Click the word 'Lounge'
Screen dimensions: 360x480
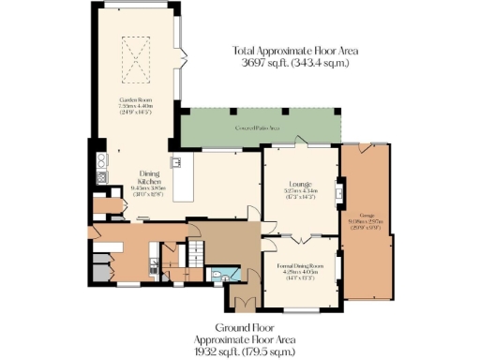300,183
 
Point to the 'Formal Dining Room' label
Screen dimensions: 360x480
300,267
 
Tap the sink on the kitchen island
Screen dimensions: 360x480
174,161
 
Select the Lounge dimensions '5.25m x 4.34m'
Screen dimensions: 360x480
300,191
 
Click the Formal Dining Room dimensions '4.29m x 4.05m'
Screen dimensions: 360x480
300,275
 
